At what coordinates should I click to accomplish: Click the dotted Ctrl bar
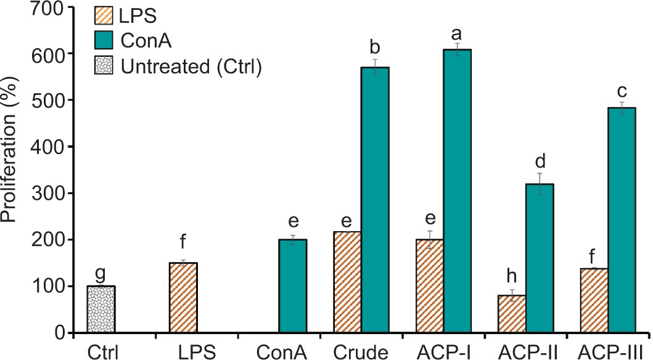(x=101, y=309)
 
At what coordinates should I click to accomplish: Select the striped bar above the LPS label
(x=183, y=298)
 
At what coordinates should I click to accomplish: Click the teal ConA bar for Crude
(x=375, y=200)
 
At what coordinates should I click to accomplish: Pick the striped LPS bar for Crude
(x=347, y=283)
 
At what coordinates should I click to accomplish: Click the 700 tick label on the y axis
(x=50, y=7)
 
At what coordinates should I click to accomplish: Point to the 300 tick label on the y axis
(x=50, y=194)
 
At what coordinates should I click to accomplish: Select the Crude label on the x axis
(x=361, y=352)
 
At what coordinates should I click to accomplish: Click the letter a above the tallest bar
(x=458, y=31)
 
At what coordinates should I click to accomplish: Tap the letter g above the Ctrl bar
(x=101, y=274)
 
